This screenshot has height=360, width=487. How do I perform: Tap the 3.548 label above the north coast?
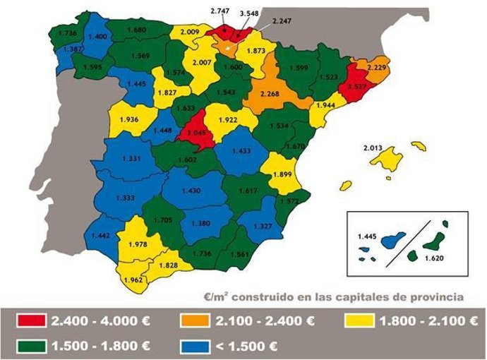[x=249, y=13]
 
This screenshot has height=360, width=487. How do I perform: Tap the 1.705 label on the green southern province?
[x=162, y=220]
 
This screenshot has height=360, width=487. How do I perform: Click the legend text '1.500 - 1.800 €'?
[x=100, y=346]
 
